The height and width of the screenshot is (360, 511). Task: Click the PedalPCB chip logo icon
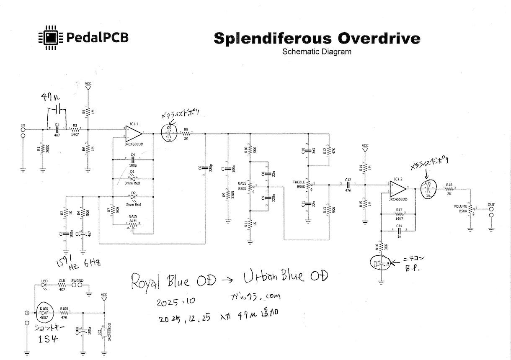[51, 38]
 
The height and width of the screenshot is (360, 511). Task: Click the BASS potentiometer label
[243, 183]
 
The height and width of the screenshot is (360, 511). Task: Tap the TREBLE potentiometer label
[299, 182]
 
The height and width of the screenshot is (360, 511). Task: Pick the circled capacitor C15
[428, 190]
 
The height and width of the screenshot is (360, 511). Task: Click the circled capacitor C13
[382, 264]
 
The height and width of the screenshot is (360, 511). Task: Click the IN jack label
[23, 125]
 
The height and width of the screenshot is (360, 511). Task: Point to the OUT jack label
[491, 205]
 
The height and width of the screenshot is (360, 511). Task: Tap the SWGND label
[77, 280]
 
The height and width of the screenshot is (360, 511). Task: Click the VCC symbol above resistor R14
[365, 149]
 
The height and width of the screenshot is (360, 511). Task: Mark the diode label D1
[132, 171]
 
